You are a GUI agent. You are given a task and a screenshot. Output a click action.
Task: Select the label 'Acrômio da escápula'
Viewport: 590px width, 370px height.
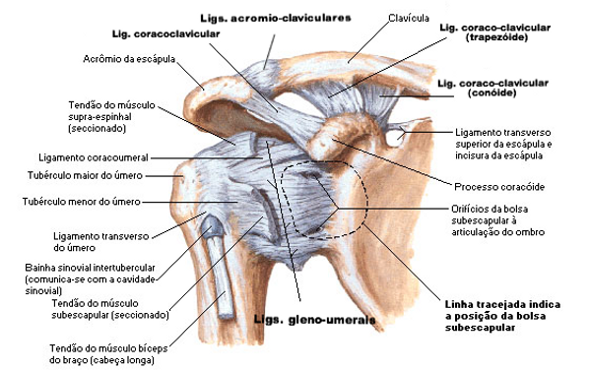coord(129,59)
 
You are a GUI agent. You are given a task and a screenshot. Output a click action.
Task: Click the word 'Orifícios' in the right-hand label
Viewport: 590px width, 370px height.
coord(460,208)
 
